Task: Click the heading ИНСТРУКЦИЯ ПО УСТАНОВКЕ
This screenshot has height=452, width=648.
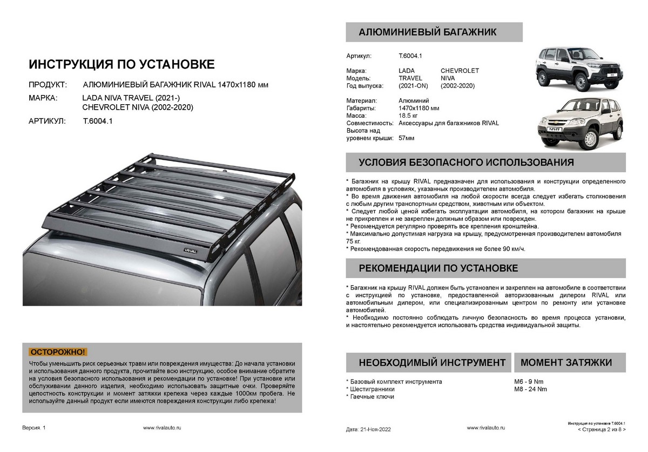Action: point(121,65)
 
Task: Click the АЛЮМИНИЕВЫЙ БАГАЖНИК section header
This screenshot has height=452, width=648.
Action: point(428,32)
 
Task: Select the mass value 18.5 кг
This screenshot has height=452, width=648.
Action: point(409,116)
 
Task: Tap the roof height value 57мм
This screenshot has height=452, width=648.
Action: point(407,138)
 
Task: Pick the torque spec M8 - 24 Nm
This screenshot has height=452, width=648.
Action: point(530,389)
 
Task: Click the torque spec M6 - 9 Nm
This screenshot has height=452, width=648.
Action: point(528,381)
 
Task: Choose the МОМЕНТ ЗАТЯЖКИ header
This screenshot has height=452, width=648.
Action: point(566,362)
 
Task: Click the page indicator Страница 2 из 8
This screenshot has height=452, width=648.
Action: point(601,430)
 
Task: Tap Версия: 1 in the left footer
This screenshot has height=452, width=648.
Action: point(34,427)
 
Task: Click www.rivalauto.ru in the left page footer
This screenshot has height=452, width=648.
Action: point(162,427)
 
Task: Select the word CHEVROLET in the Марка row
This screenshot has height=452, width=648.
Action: point(460,71)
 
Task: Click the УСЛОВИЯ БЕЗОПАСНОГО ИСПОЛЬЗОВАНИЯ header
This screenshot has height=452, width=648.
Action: point(466,163)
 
